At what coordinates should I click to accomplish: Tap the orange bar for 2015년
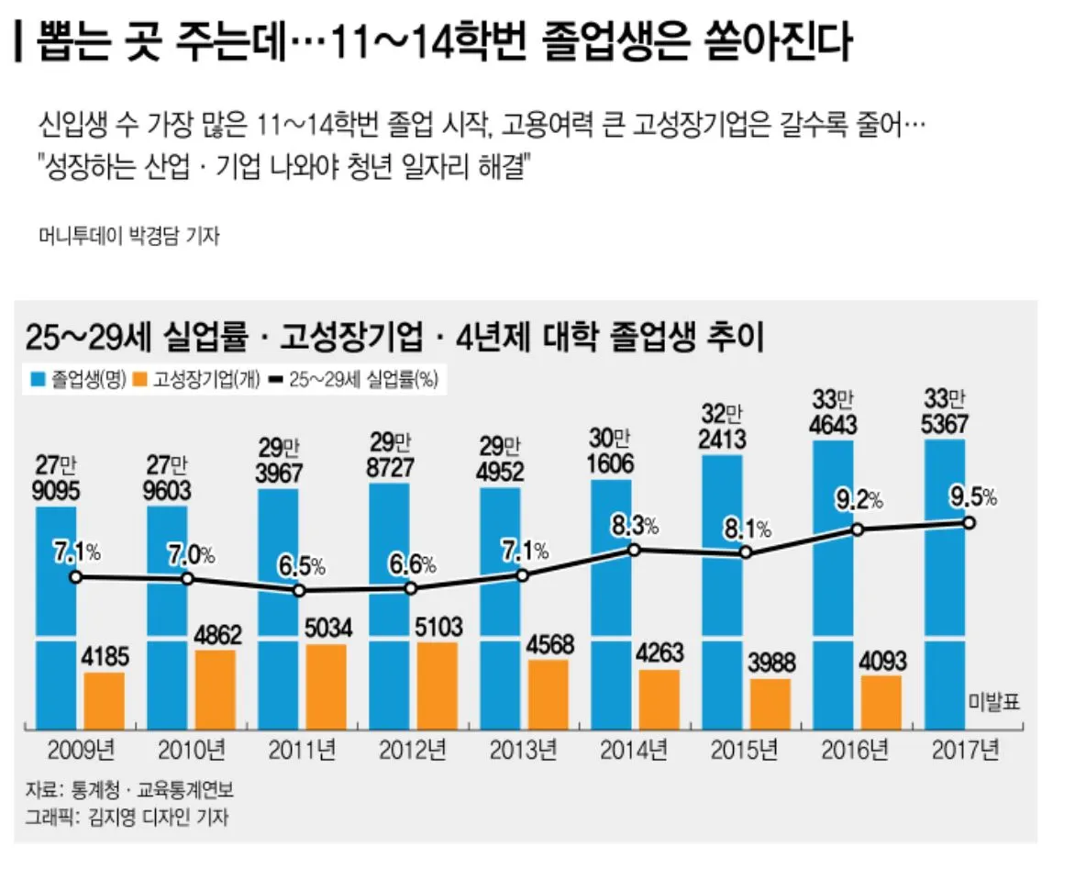pyautogui.click(x=770, y=704)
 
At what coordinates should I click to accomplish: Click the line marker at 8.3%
pyautogui.click(x=633, y=550)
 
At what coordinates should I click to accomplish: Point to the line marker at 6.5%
pyautogui.click(x=299, y=590)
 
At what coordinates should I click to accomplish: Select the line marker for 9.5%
pyautogui.click(x=969, y=522)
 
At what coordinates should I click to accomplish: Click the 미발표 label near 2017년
pyautogui.click(x=992, y=703)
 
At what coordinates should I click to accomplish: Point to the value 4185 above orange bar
pyautogui.click(x=105, y=658)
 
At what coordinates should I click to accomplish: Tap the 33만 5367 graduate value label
pyautogui.click(x=945, y=414)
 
